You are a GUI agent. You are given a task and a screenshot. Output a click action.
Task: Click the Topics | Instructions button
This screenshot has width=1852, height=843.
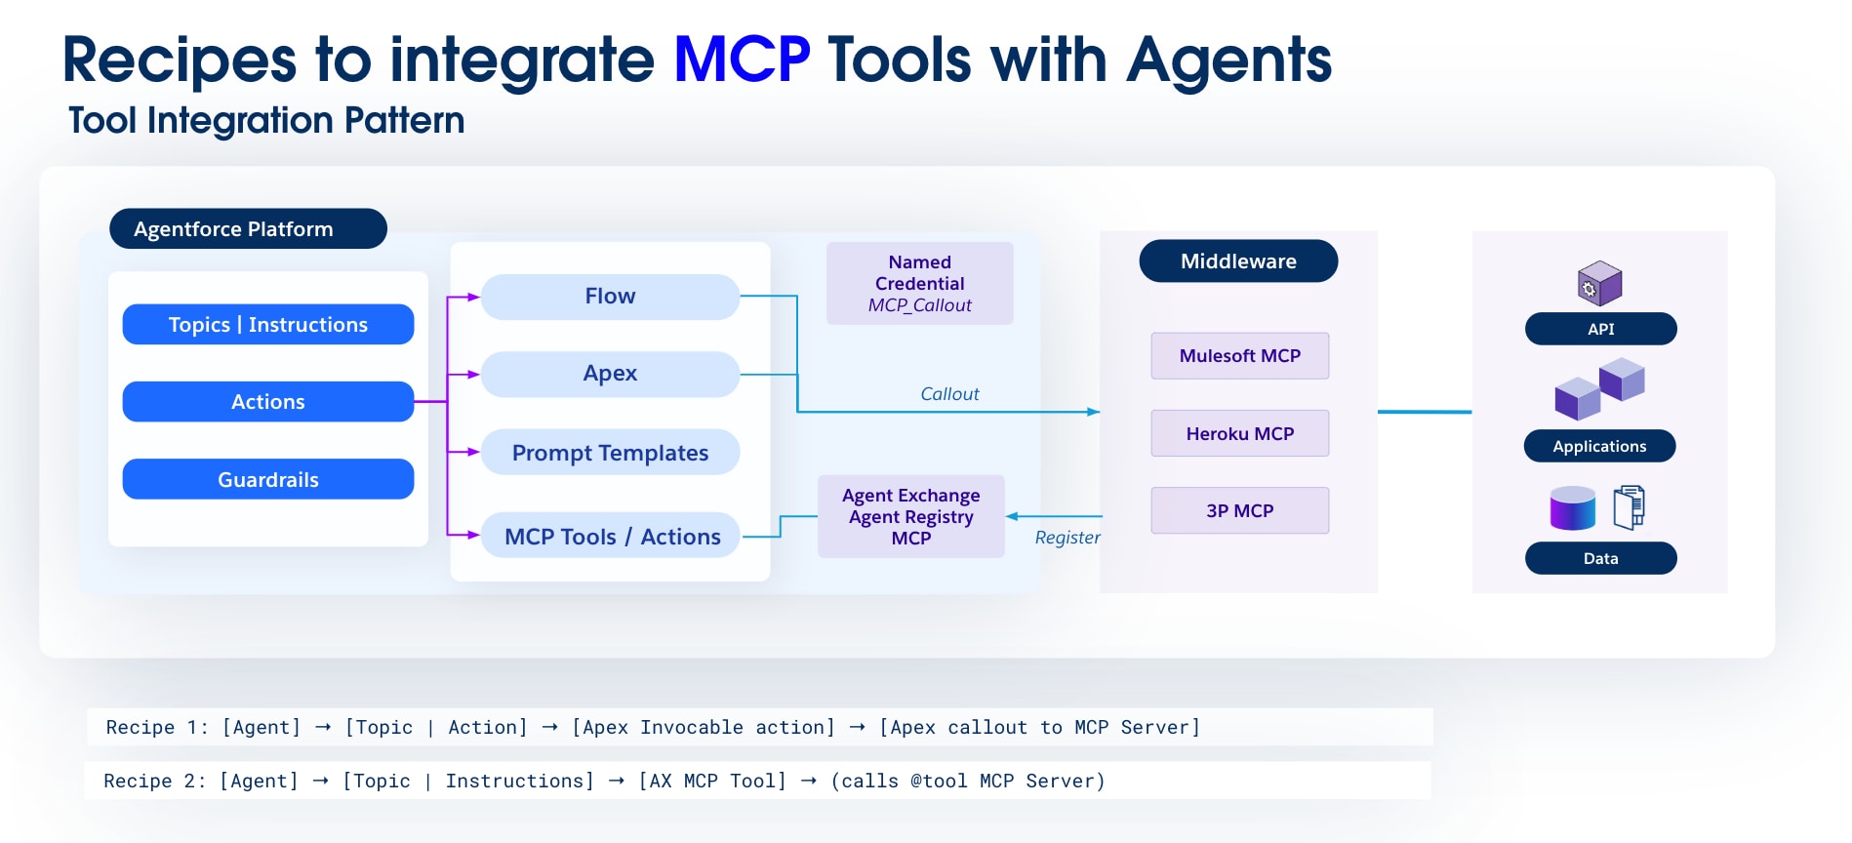click(x=267, y=324)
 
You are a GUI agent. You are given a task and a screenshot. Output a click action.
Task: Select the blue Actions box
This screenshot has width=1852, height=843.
click(x=267, y=401)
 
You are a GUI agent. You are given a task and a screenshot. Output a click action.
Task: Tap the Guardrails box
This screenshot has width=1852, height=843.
click(x=267, y=479)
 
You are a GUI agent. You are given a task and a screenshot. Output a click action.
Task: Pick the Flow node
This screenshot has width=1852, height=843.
click(x=610, y=296)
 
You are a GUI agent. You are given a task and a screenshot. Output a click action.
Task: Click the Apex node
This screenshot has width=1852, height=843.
click(x=610, y=374)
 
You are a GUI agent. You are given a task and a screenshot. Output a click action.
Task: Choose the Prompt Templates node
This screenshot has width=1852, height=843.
click(x=610, y=453)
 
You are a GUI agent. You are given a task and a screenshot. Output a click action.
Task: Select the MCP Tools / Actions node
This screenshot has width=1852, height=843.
click(x=612, y=536)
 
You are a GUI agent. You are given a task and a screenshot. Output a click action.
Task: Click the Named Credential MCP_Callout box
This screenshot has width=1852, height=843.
click(x=919, y=283)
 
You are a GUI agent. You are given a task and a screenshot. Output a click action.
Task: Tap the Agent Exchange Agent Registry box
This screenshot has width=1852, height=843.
click(x=910, y=516)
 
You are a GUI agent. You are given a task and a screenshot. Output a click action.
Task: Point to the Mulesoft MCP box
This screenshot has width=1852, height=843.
click(x=1239, y=356)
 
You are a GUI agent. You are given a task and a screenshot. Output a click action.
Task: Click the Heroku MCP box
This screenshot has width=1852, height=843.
click(x=1239, y=433)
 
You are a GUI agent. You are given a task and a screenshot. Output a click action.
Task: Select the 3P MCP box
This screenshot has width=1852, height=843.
click(x=1239, y=510)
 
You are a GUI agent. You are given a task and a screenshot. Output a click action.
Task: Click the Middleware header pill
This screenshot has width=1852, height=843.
click(x=1238, y=261)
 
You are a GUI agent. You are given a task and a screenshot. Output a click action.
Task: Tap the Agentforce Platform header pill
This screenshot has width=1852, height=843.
click(x=248, y=228)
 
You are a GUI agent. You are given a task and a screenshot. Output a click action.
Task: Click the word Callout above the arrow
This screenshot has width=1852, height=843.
click(x=948, y=394)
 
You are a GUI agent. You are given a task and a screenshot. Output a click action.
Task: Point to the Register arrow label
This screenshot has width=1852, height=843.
click(x=1067, y=538)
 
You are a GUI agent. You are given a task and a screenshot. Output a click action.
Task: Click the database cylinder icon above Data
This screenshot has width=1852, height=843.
click(x=1572, y=508)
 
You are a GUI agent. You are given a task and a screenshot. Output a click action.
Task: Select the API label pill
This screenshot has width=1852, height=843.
click(x=1600, y=329)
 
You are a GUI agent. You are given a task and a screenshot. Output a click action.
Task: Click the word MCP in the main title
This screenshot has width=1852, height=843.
click(x=741, y=60)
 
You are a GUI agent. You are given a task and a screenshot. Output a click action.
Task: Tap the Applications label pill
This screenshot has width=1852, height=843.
click(x=1599, y=446)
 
